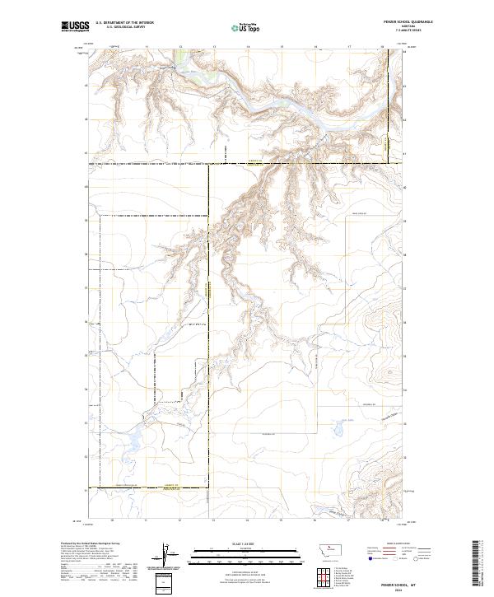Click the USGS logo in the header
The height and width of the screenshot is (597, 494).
[74, 26]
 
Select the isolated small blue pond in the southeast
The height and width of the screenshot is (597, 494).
[338, 430]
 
